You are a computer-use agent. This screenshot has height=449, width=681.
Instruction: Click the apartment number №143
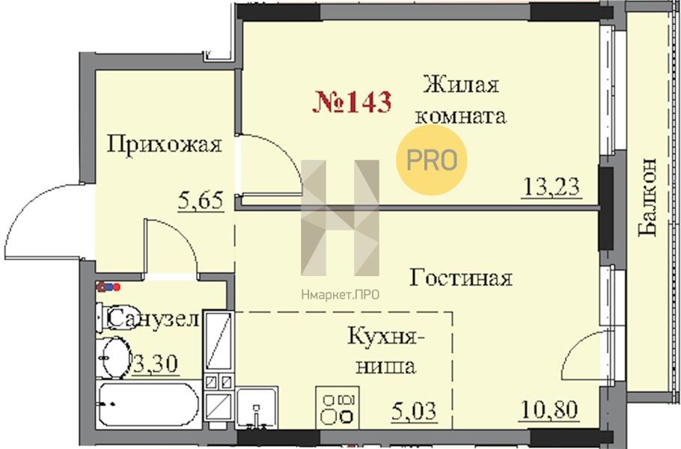point(352,103)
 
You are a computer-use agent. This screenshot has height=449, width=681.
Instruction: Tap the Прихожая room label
point(164,145)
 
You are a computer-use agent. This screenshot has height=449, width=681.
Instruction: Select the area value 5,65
point(201,201)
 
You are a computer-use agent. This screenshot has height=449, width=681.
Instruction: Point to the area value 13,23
point(552,188)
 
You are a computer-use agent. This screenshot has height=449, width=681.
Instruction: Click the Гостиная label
point(461,278)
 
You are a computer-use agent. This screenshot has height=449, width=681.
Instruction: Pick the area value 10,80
point(549,409)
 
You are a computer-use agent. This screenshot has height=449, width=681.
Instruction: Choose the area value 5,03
point(414,411)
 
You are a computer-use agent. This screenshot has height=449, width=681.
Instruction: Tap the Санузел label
point(153,320)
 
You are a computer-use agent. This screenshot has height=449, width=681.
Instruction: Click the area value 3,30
point(156,364)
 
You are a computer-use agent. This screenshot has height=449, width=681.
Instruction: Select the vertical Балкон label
point(648,197)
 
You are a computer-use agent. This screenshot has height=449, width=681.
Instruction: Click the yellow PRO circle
point(431,160)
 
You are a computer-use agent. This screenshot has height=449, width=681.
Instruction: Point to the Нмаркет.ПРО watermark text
point(340,296)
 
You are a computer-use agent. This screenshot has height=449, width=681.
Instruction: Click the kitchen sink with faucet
point(257,408)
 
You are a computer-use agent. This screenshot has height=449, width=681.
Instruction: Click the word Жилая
point(461,85)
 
